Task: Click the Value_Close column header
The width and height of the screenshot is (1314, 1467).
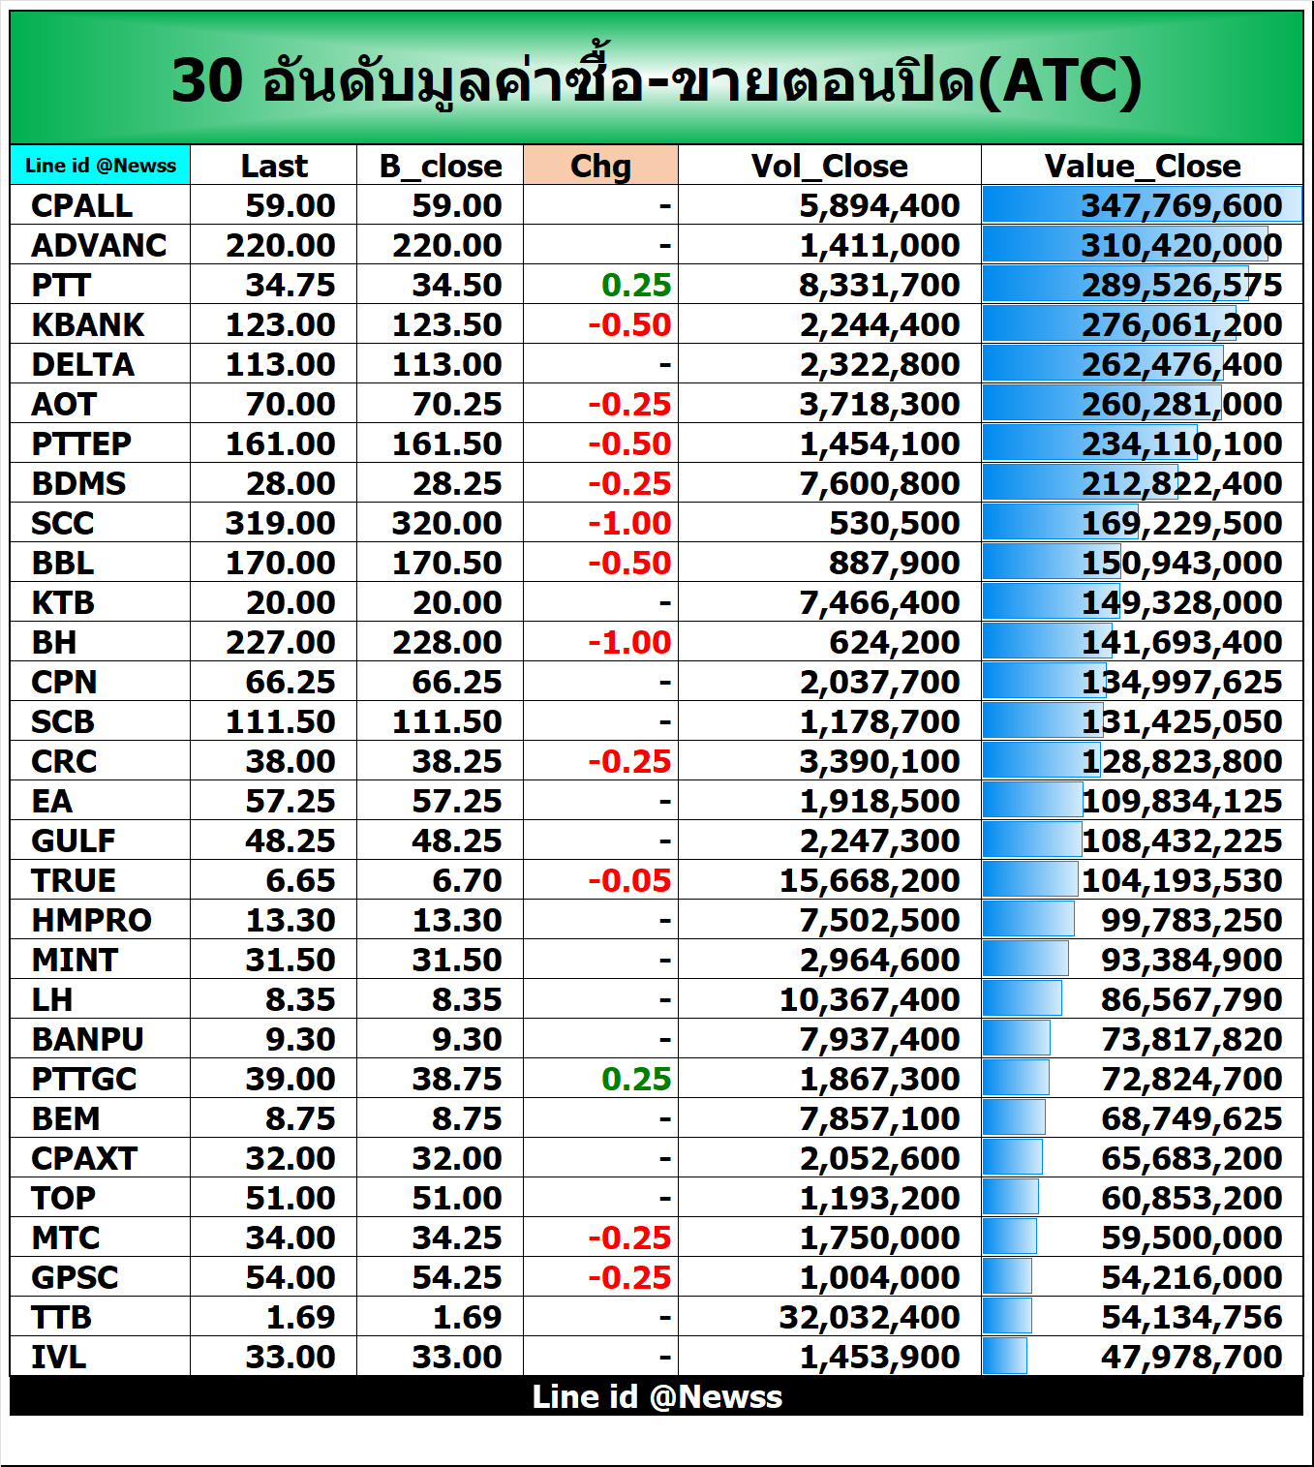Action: pyautogui.click(x=1143, y=166)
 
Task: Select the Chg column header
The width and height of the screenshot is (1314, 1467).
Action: pyautogui.click(x=600, y=166)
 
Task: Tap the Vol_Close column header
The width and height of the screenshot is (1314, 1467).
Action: pyautogui.click(x=829, y=166)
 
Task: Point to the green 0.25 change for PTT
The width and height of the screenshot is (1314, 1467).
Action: pyautogui.click(x=635, y=285)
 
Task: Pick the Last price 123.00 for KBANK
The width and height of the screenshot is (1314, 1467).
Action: pyautogui.click(x=280, y=324)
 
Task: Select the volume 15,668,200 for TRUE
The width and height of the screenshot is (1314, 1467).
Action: pyautogui.click(x=869, y=880)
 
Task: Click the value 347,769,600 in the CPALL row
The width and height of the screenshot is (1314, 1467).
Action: pyautogui.click(x=1181, y=205)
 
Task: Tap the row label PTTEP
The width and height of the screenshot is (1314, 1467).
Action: pyautogui.click(x=81, y=443)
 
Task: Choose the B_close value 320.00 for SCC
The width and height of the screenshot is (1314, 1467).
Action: pyautogui.click(x=446, y=523)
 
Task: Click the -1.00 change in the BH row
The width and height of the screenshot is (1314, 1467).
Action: pyautogui.click(x=629, y=642)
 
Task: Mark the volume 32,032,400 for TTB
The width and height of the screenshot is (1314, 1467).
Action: pyautogui.click(x=869, y=1317)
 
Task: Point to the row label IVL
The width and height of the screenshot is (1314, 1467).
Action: pyautogui.click(x=59, y=1357)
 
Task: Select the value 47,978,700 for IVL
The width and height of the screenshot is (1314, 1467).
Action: pyautogui.click(x=1191, y=1357)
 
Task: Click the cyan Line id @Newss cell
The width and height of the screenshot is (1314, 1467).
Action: pyautogui.click(x=101, y=166)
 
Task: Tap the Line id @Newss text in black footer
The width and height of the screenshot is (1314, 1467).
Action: pyautogui.click(x=657, y=1396)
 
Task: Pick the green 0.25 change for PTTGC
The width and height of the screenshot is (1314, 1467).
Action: pyautogui.click(x=635, y=1079)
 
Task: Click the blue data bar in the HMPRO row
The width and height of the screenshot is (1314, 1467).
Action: pyautogui.click(x=1028, y=920)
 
